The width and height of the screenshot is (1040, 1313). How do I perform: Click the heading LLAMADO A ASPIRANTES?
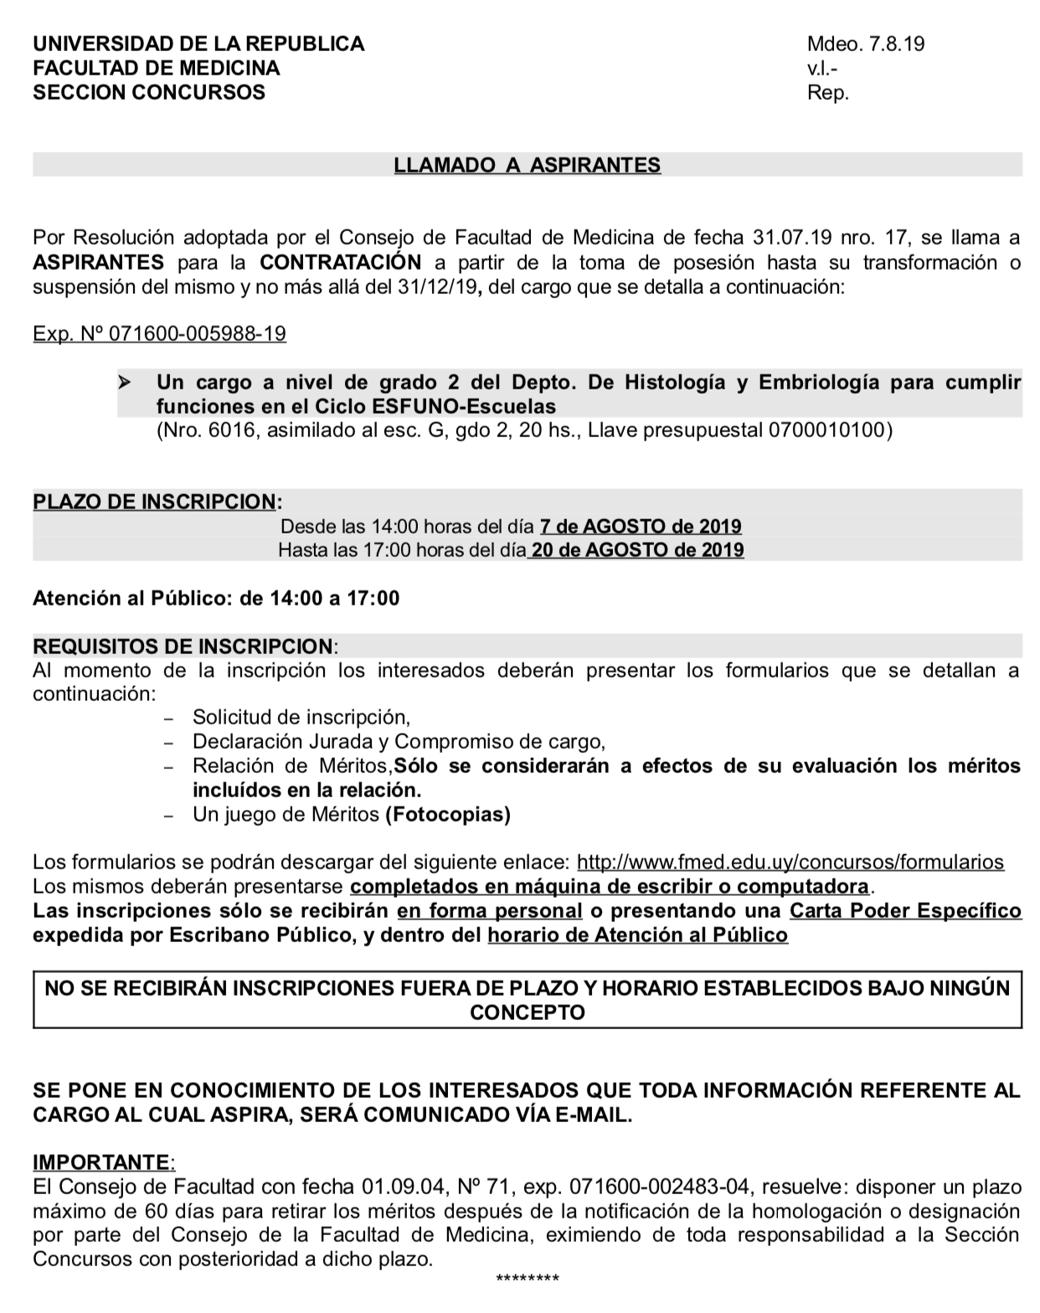pyautogui.click(x=527, y=165)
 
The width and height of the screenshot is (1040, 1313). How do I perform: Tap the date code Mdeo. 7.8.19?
pyautogui.click(x=866, y=44)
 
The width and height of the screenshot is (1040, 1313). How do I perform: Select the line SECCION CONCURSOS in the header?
pyautogui.click(x=148, y=92)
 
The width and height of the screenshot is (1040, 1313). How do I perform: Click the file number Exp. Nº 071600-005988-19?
pyautogui.click(x=159, y=334)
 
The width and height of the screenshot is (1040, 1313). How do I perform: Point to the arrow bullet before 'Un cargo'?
pyautogui.click(x=125, y=384)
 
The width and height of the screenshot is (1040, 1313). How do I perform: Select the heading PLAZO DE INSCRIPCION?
pyautogui.click(x=154, y=502)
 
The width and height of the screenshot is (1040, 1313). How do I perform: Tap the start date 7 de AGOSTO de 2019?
pyautogui.click(x=641, y=527)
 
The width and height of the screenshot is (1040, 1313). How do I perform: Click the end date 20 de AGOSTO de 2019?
pyautogui.click(x=636, y=550)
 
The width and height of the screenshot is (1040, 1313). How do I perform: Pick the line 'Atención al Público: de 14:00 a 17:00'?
pyautogui.click(x=216, y=598)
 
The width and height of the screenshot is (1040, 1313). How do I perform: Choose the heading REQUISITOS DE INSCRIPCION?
pyautogui.click(x=183, y=646)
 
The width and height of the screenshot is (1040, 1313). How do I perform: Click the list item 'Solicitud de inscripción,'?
pyautogui.click(x=301, y=718)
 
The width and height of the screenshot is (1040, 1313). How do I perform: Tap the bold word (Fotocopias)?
pyautogui.click(x=448, y=814)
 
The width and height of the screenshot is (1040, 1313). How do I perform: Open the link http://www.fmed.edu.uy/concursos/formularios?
pyautogui.click(x=790, y=862)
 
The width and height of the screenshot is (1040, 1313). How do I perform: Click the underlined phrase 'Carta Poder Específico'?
pyautogui.click(x=905, y=911)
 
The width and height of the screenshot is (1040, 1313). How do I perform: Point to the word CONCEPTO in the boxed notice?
pyautogui.click(x=528, y=1013)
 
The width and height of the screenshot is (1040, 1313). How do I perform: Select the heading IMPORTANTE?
pyautogui.click(x=100, y=1162)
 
